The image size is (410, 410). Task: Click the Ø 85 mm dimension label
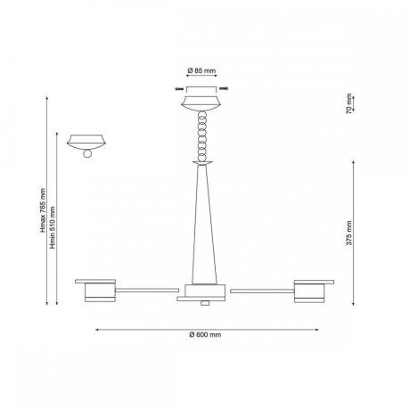pyautogui.click(x=201, y=70)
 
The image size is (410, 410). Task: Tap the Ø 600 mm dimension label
pyautogui.click(x=205, y=335)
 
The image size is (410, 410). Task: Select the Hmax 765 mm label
pyautogui.click(x=44, y=210)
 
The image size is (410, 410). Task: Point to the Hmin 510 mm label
pyautogui.click(x=53, y=227)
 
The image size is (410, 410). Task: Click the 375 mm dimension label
pyautogui.click(x=349, y=233)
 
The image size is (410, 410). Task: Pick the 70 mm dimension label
pyautogui.click(x=348, y=103)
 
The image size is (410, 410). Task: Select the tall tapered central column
pyautogui.click(x=204, y=225)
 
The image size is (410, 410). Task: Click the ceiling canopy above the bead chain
pyautogui.click(x=201, y=103)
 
